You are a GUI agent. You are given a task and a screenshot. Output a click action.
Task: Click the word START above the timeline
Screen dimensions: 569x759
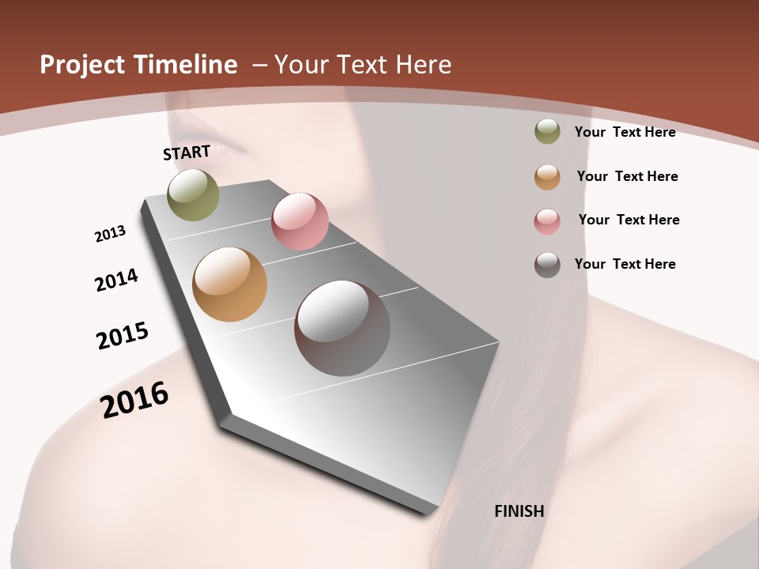(x=187, y=153)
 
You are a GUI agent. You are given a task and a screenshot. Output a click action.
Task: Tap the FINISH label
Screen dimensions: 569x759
(x=519, y=511)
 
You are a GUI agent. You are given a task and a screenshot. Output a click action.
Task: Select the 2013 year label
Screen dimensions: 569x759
(x=110, y=234)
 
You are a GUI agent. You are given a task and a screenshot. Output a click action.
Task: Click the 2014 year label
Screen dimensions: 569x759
(x=116, y=280)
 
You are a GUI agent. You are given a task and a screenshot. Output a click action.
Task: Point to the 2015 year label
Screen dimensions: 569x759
(x=123, y=336)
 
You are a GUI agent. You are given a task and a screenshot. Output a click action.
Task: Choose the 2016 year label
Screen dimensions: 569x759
(x=134, y=399)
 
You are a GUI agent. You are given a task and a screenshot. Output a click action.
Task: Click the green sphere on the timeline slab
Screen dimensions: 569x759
(x=193, y=194)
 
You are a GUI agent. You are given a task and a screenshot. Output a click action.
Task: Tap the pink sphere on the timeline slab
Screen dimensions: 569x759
(x=300, y=221)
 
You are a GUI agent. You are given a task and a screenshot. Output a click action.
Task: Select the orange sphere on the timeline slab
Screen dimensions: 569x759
(x=229, y=284)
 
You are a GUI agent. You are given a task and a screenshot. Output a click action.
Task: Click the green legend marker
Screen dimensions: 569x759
(x=547, y=132)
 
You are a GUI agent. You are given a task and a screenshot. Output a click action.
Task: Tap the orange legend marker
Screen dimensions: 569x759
(x=547, y=177)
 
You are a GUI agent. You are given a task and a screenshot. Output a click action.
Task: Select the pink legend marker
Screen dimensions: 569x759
(x=547, y=221)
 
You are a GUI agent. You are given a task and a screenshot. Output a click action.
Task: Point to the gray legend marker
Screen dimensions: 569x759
(x=547, y=265)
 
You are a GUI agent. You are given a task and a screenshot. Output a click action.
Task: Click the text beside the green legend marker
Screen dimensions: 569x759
(x=625, y=132)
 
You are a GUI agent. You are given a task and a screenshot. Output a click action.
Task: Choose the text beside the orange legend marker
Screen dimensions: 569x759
(x=627, y=176)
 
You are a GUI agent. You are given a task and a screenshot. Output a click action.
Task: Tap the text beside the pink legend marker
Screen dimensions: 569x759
(x=629, y=220)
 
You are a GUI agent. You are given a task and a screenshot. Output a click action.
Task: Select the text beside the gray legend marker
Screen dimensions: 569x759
(x=625, y=264)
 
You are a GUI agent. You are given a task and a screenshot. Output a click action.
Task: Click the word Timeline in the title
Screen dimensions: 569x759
(x=185, y=65)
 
